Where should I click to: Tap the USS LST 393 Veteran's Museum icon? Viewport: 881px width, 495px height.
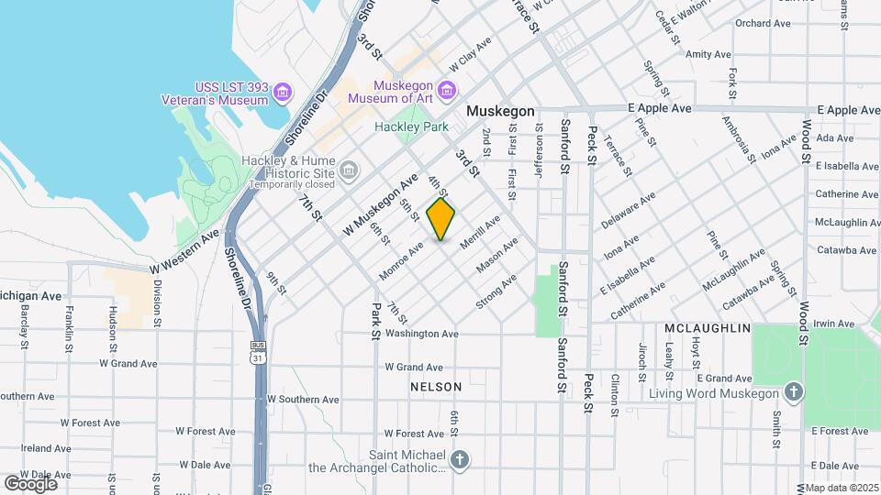[x=283, y=92]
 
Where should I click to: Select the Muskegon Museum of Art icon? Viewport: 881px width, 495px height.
[x=447, y=89]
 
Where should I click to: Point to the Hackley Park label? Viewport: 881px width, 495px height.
[x=411, y=127]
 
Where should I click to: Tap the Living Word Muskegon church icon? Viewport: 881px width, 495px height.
[x=794, y=392]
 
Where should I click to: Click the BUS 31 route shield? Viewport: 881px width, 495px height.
[x=260, y=352]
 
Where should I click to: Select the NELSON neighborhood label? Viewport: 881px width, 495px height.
[x=436, y=387]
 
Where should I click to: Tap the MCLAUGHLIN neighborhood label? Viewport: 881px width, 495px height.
[x=708, y=328]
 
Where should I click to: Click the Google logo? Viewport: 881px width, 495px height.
[x=30, y=483]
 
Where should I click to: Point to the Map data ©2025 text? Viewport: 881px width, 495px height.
[x=839, y=486]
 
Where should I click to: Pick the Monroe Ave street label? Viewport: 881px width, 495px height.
[x=401, y=260]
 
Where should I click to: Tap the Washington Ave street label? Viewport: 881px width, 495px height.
[x=421, y=335]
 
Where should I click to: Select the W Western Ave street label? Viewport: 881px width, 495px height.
[x=184, y=250]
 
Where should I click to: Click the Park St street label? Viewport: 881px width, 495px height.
[x=375, y=321]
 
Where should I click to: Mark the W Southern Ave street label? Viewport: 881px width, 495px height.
[x=303, y=400]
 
